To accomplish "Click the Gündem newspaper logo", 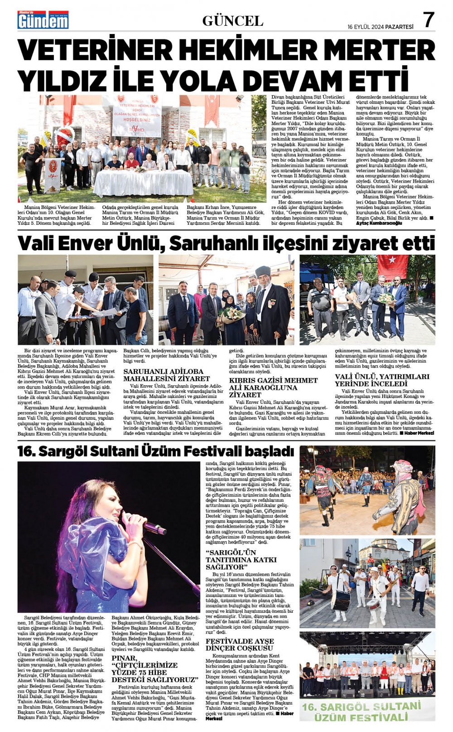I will [43, 20].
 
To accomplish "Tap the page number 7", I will [429, 20].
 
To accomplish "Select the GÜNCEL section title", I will [232, 21].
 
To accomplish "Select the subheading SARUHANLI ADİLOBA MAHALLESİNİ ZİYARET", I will [167, 375].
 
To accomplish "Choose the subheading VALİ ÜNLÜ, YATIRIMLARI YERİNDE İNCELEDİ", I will [382, 380].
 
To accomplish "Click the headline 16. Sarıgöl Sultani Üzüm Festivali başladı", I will [155, 451].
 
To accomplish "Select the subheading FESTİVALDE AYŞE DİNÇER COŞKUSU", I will [240, 645].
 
